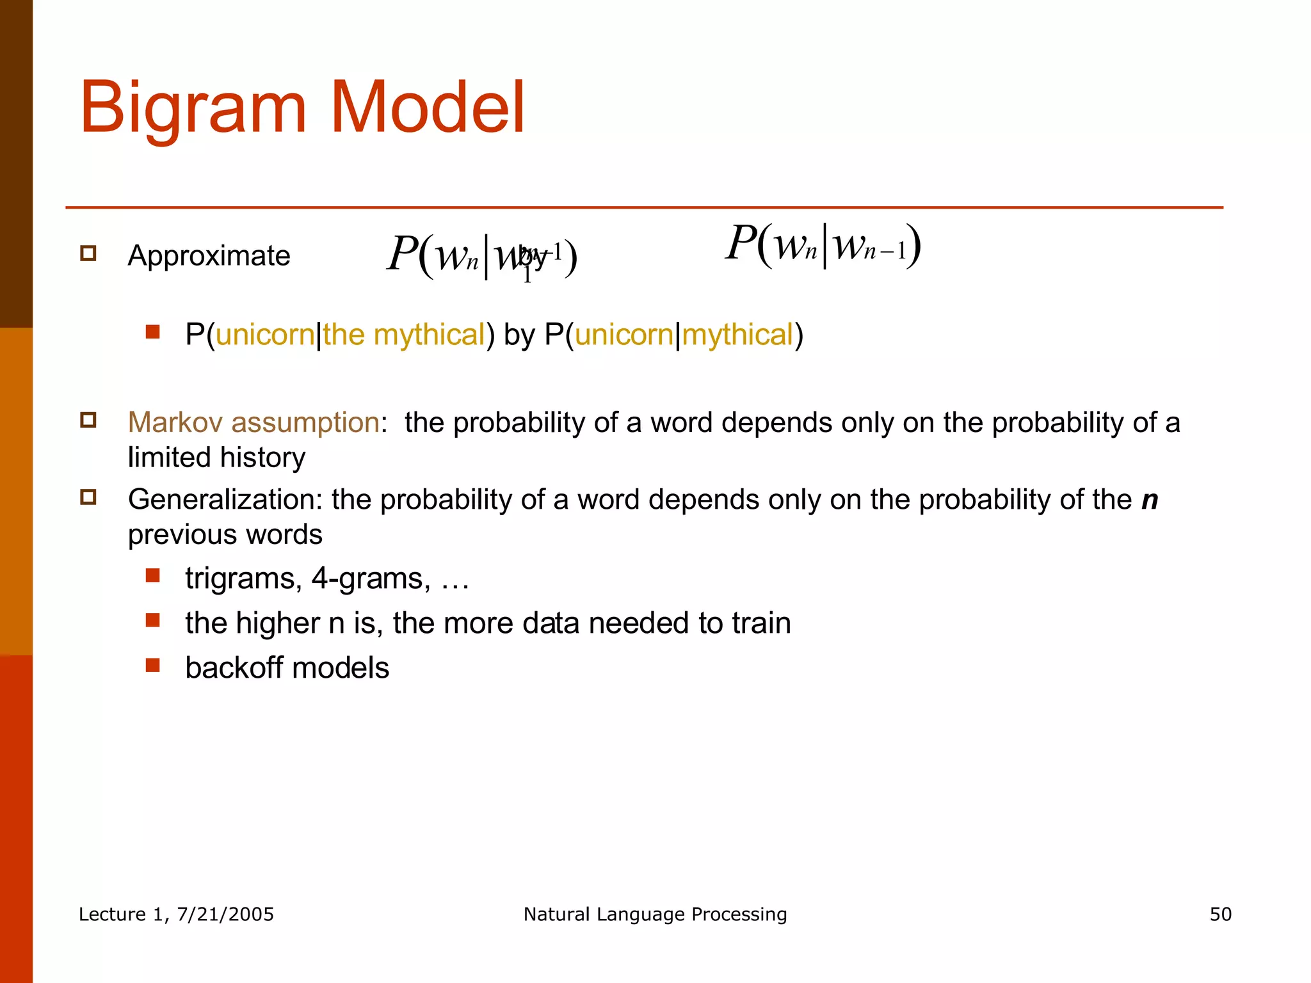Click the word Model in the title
[427, 108]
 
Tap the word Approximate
[209, 256]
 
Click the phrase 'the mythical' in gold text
[404, 335]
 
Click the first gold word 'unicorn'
[265, 335]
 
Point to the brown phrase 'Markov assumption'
[253, 422]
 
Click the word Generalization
[225, 499]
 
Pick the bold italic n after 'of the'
[1150, 500]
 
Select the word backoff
[234, 668]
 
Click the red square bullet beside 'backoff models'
[152, 665]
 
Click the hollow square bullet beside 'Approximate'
[88, 253]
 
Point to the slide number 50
[1220, 914]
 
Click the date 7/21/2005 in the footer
[225, 914]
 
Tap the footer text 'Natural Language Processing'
[655, 914]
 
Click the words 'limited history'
[216, 458]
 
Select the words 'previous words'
[225, 534]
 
